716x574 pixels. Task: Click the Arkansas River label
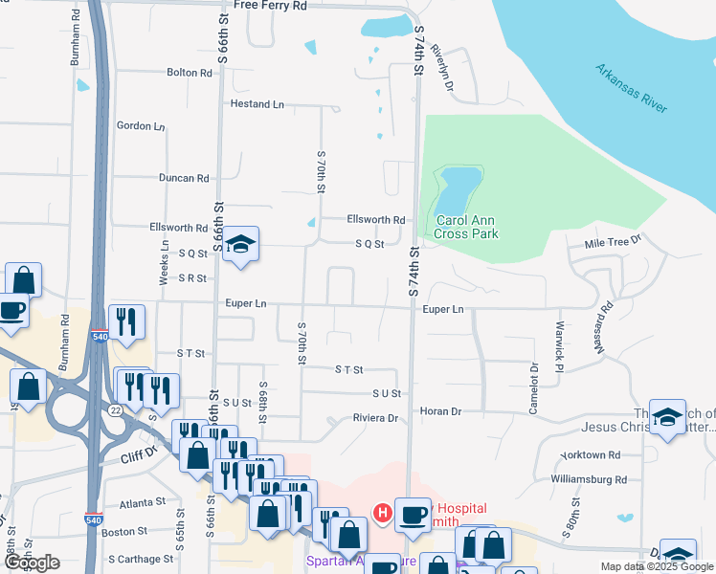coord(631,89)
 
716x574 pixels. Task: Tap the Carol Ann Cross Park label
coord(467,226)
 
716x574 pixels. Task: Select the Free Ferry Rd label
coord(270,6)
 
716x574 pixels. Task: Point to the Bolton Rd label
coord(189,73)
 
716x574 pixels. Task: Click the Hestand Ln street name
coord(257,103)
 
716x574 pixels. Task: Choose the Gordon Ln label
coord(141,125)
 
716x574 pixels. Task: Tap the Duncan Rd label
coord(184,178)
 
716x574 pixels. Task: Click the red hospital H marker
coord(382,514)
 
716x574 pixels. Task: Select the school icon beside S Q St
coord(242,244)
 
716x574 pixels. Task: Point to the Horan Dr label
coord(440,411)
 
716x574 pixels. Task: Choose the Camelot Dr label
coord(534,386)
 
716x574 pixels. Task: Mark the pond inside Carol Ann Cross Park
coord(459,189)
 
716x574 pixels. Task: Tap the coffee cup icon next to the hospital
coord(413,514)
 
